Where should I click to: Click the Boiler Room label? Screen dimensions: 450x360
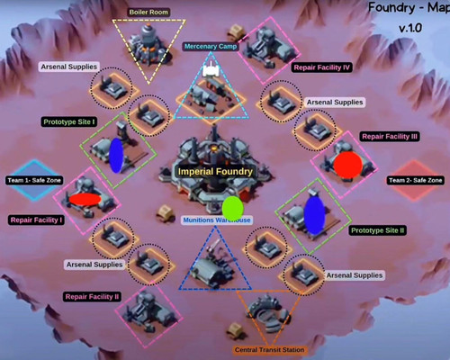click(x=148, y=13)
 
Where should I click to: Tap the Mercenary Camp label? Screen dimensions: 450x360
click(x=211, y=47)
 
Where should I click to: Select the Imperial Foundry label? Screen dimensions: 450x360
click(x=215, y=172)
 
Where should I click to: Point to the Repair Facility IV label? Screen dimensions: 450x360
click(x=321, y=67)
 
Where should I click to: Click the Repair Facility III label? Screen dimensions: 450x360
click(x=390, y=137)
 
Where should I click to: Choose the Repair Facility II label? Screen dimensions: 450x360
click(x=92, y=297)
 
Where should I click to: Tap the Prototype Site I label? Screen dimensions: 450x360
click(x=69, y=121)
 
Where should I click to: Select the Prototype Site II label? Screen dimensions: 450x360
click(x=378, y=230)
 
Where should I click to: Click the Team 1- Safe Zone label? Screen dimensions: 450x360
click(x=34, y=180)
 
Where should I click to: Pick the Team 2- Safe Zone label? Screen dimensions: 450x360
click(x=416, y=180)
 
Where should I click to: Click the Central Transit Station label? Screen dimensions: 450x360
click(x=269, y=350)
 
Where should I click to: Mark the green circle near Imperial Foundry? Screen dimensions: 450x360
click(x=232, y=208)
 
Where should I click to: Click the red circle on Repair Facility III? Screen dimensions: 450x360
click(x=348, y=165)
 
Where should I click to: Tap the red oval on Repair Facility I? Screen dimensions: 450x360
click(x=85, y=199)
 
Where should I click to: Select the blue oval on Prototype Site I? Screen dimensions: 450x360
click(x=116, y=156)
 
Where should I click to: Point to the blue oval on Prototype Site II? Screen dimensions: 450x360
click(x=314, y=215)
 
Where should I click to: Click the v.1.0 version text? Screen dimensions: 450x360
click(x=410, y=28)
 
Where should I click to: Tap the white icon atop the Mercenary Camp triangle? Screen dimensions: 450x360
click(x=211, y=69)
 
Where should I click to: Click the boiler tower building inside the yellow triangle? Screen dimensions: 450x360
click(x=148, y=44)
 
